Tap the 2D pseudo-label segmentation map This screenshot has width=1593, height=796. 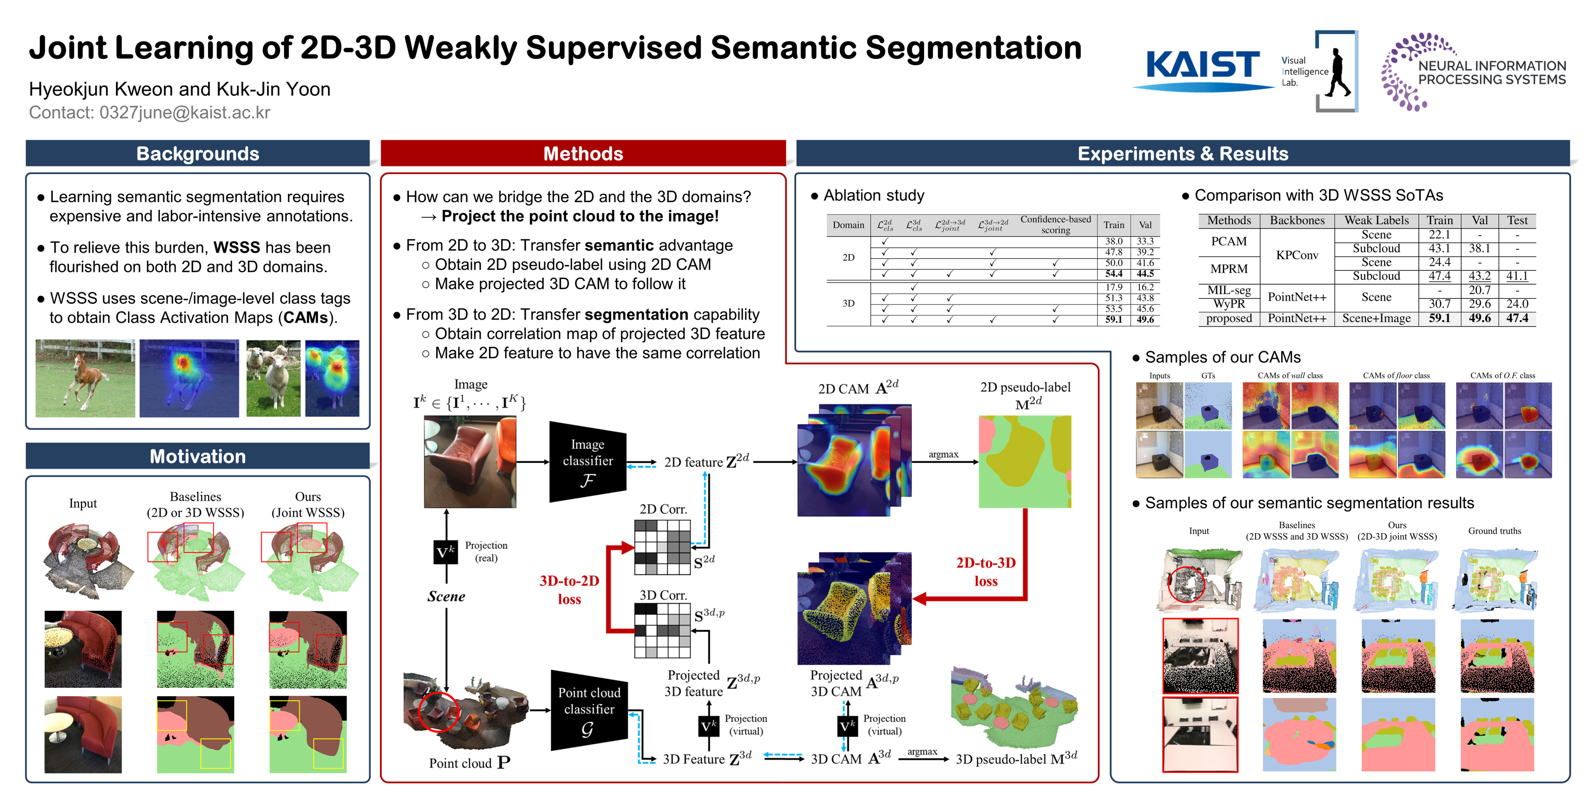1025,462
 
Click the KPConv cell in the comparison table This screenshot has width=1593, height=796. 1297,255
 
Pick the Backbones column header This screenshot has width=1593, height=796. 1297,221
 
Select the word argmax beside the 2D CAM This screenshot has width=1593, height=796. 943,454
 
